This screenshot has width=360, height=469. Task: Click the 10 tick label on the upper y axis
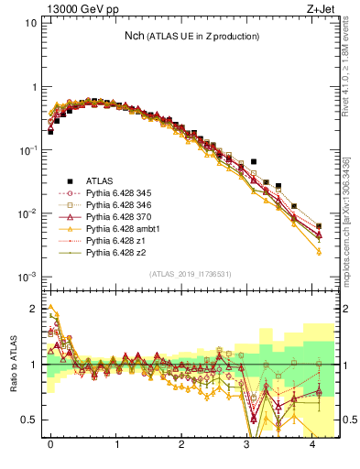pos(30,23)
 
